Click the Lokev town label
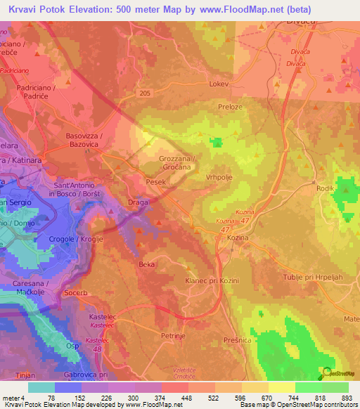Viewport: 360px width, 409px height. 220,83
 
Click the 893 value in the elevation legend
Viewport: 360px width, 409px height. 345,398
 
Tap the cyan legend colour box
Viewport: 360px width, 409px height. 41,387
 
